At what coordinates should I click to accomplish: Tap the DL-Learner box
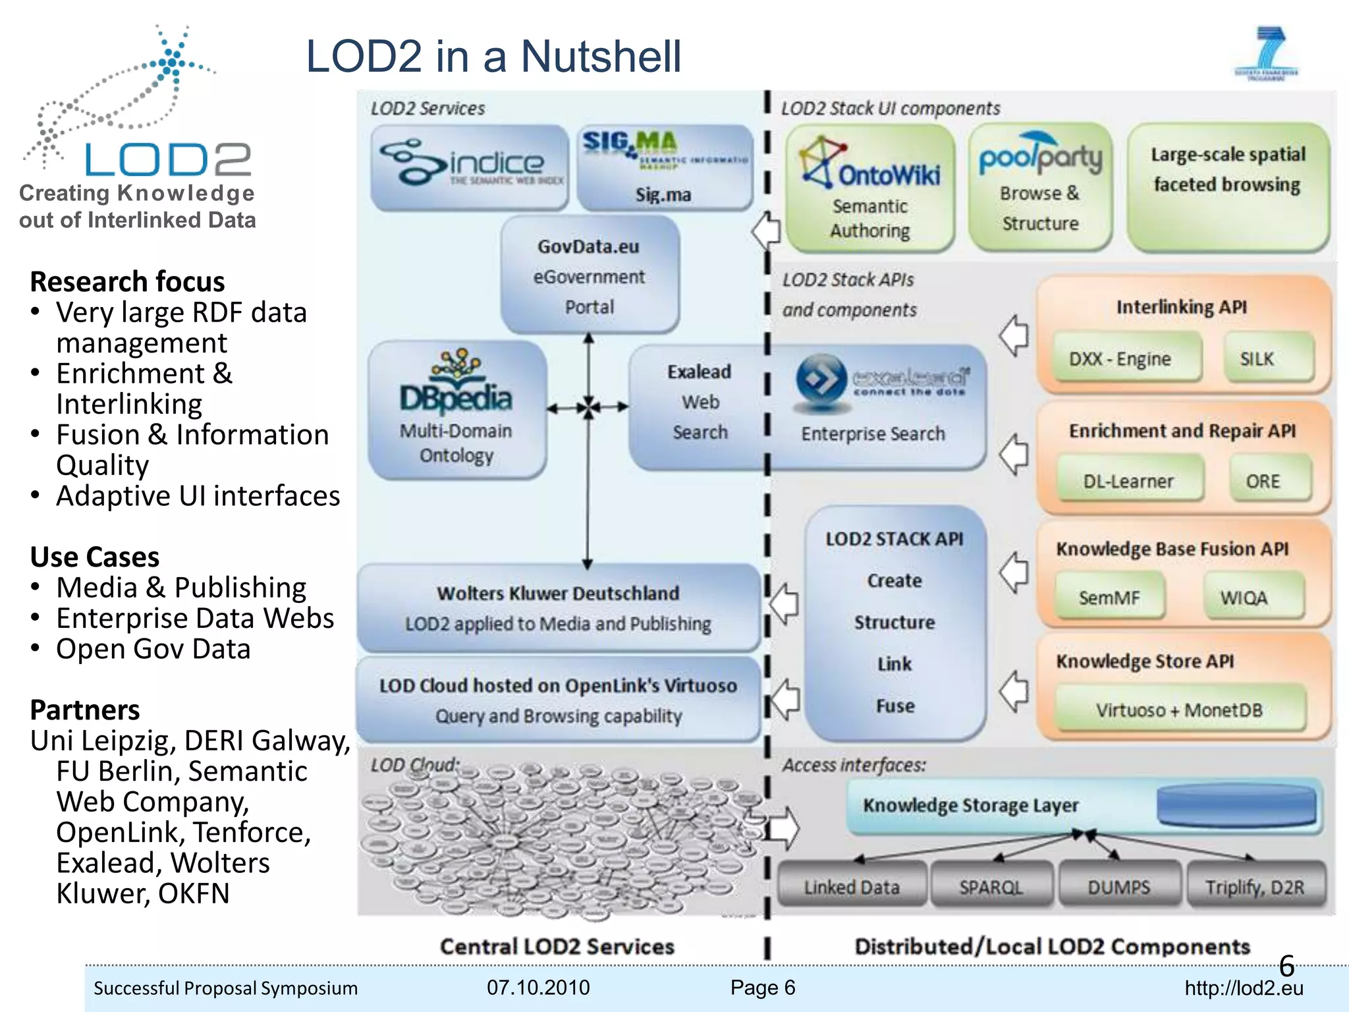(x=1129, y=480)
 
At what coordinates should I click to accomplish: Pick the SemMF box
(x=1109, y=597)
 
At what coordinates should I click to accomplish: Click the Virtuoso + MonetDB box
(x=1179, y=710)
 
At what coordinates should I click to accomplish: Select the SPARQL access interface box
(x=991, y=887)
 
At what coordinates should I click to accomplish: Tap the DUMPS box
(x=1119, y=887)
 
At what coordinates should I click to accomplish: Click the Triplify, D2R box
(x=1255, y=887)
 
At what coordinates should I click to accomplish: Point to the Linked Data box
(x=852, y=887)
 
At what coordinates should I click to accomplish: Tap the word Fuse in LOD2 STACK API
(x=895, y=706)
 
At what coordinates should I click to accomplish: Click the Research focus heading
(x=128, y=282)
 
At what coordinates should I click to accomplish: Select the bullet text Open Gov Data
(x=153, y=649)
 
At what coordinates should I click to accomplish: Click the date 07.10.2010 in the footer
(x=538, y=987)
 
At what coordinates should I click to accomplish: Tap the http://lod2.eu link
(x=1244, y=988)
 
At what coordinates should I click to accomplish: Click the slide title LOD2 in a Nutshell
(x=494, y=57)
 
